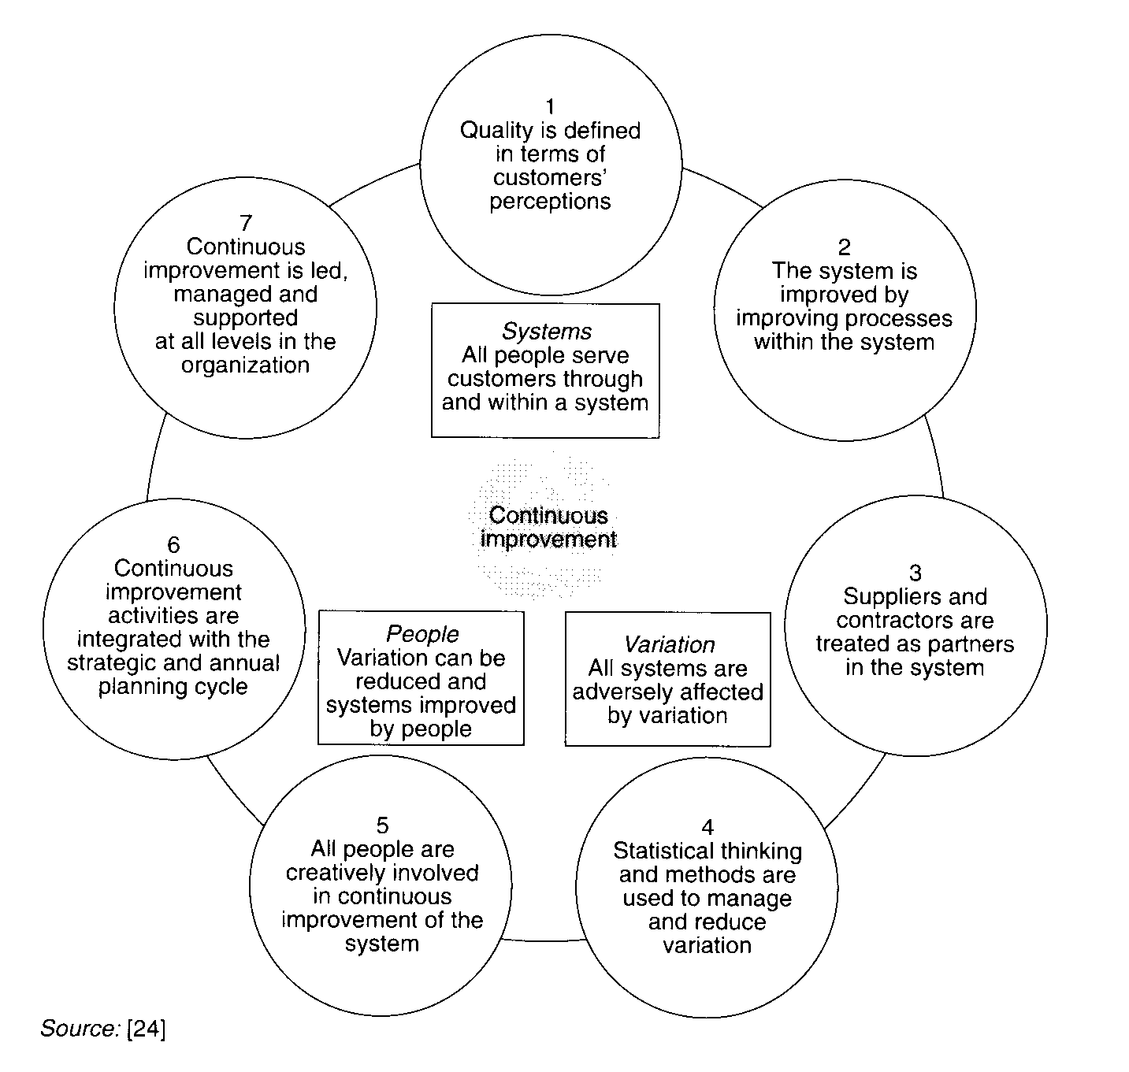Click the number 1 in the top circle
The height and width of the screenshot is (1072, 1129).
point(550,106)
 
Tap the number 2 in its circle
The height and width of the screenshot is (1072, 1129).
point(844,247)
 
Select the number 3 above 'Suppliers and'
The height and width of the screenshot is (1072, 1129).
point(915,573)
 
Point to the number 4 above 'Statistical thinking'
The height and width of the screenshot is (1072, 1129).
point(707,827)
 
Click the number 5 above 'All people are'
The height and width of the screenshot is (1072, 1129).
point(382,825)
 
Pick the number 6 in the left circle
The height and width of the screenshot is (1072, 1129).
point(173,545)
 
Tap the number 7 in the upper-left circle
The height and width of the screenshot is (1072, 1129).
point(246,224)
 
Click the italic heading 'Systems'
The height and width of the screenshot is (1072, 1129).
point(546,332)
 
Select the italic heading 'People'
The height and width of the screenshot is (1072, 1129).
point(422,634)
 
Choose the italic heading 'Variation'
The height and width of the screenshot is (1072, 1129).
point(669,644)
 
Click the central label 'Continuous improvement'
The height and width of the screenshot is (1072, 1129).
point(548,527)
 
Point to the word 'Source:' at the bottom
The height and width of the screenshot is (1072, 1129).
point(80,1029)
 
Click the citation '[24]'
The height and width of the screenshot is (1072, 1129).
point(146,1029)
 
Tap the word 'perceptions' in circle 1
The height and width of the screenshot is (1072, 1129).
point(550,202)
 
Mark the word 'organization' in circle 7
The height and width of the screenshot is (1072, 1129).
point(245,365)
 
